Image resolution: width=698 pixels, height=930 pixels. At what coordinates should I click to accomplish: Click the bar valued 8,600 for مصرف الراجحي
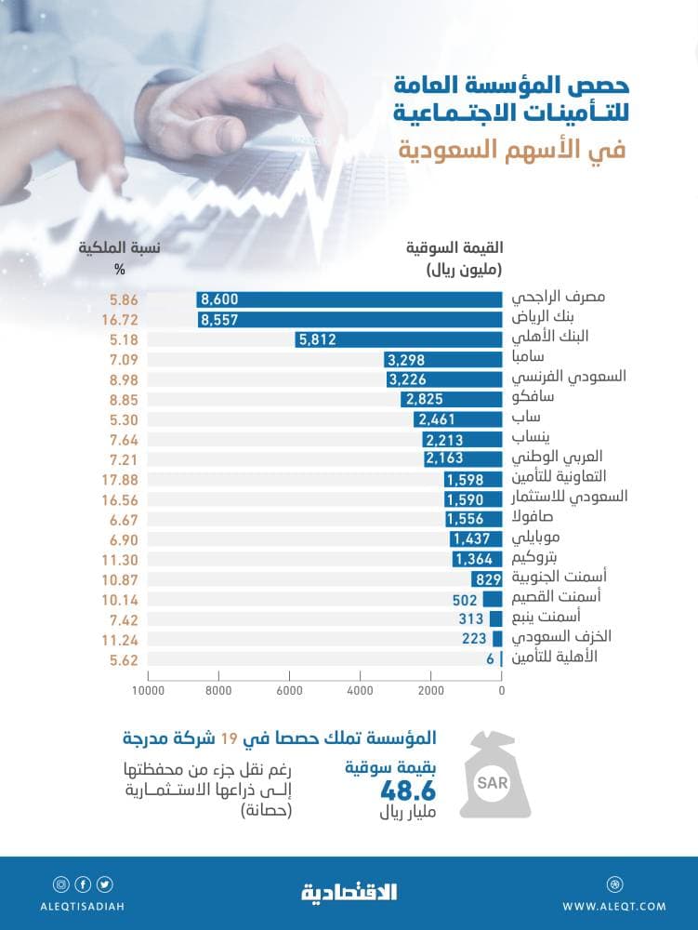coord(349,299)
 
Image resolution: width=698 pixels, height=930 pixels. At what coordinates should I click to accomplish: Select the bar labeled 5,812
coord(399,339)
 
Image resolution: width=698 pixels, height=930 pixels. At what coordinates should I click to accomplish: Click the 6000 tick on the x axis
coord(289,690)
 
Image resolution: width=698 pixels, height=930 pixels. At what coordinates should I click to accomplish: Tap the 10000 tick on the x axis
coord(148,690)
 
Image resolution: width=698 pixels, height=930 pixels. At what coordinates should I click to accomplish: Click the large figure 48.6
coord(410,791)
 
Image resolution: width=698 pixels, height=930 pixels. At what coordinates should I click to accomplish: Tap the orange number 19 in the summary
coord(229,739)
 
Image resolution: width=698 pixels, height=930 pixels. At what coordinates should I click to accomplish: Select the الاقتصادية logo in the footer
coord(349,893)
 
